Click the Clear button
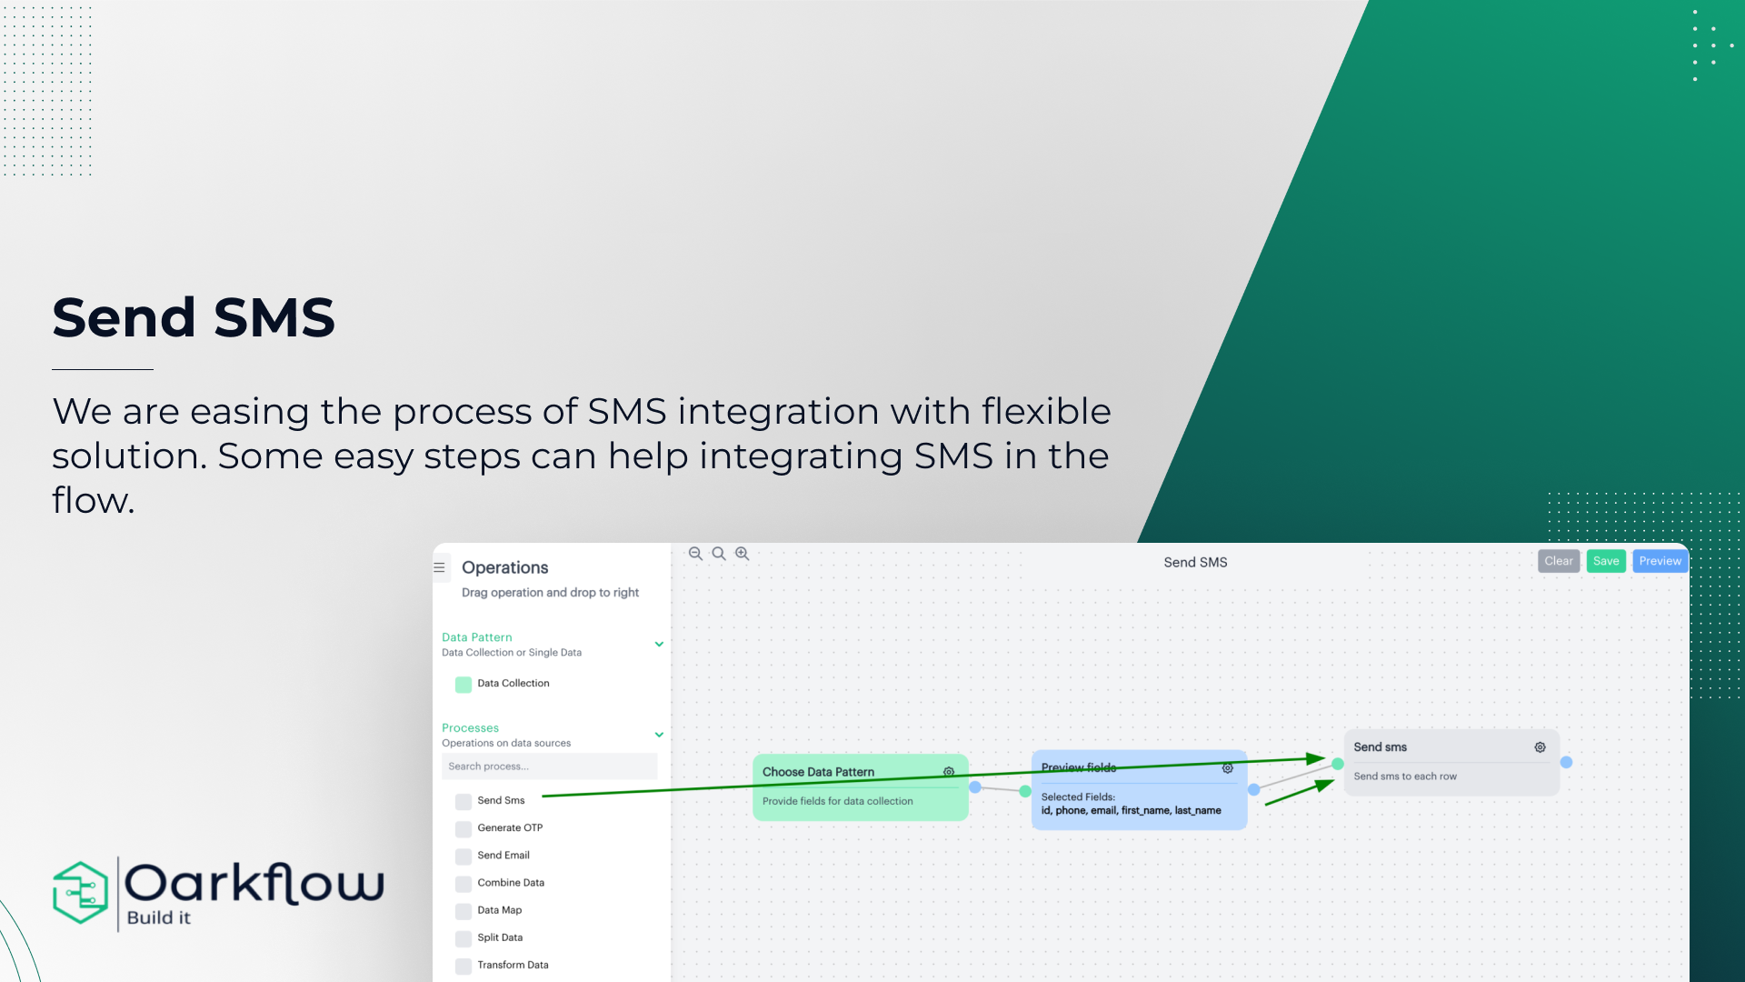[x=1558, y=561]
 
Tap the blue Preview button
[x=1660, y=561]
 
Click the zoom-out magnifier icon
[x=695, y=554]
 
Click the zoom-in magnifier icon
[x=742, y=554]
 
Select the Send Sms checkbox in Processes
[x=464, y=801]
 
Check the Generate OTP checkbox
[x=464, y=828]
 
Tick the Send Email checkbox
[x=464, y=856]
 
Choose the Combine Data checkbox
[x=464, y=883]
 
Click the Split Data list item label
[x=500, y=937]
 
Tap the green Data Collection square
[x=464, y=684]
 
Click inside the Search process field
[x=549, y=767]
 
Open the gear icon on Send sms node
[x=1540, y=747]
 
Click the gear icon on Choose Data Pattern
[x=949, y=772]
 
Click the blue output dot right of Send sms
[x=1566, y=762]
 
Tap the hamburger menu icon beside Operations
[x=439, y=567]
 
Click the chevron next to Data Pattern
[x=659, y=644]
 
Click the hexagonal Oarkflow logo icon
[x=81, y=893]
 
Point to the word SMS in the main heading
[x=274, y=317]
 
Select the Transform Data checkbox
[x=464, y=966]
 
